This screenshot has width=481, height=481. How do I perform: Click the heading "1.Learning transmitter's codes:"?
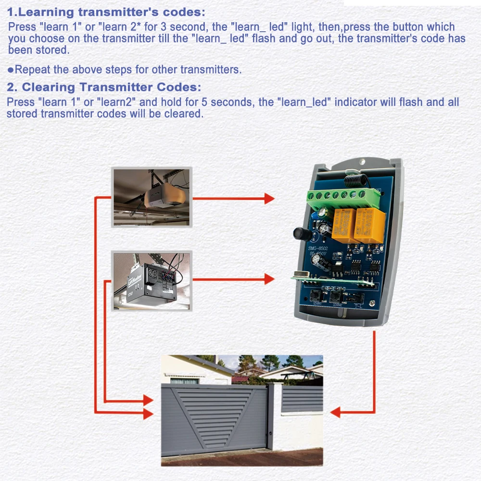(x=106, y=12)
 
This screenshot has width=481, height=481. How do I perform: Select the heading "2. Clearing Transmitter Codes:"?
(x=104, y=88)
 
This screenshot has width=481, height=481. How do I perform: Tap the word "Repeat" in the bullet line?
(x=32, y=69)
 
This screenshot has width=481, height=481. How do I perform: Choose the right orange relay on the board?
(x=369, y=226)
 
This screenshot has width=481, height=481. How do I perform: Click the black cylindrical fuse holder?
(x=301, y=234)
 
